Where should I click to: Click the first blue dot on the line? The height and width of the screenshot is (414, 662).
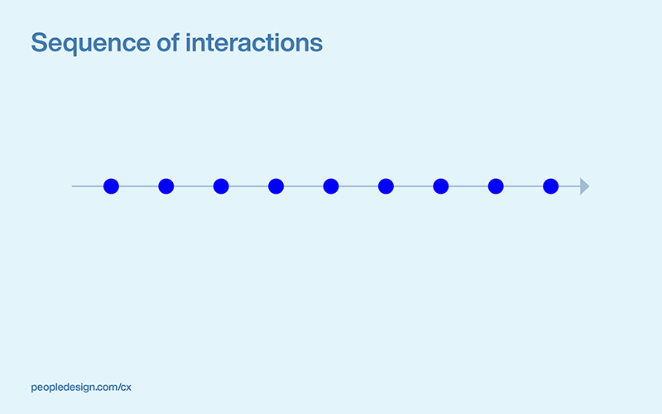coord(111,186)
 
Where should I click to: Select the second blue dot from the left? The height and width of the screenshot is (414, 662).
coord(166,186)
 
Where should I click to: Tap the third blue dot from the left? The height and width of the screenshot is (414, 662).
coord(221,186)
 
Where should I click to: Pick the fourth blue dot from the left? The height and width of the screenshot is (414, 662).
coord(276,186)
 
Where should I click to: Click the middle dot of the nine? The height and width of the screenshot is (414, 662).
coord(331,186)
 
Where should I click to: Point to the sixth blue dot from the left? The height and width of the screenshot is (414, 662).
coord(386,186)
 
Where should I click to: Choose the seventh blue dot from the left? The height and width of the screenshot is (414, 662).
coord(441,186)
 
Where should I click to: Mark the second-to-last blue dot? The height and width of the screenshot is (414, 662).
coord(496,186)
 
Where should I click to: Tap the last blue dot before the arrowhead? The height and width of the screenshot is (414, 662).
coord(551,186)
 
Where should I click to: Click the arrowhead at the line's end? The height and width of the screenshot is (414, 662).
coord(584,186)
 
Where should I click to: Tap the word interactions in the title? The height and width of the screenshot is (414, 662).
coord(254,42)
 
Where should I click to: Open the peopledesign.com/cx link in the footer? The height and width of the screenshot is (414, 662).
coord(81,387)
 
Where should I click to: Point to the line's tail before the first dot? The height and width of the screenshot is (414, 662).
coord(87,186)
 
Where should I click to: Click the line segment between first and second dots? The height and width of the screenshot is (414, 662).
coord(139,186)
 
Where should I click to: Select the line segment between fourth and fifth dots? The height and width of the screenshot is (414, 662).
coord(304,186)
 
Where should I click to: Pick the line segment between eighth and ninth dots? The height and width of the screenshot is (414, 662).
coord(524,186)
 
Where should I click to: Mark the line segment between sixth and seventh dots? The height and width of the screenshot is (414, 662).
coord(414,186)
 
